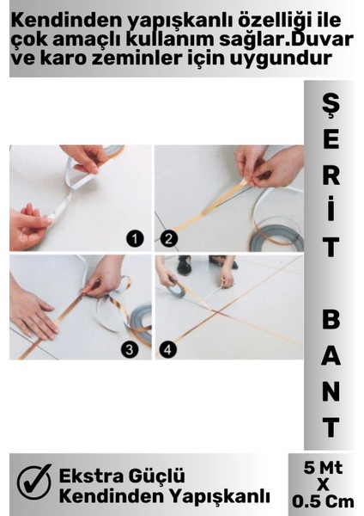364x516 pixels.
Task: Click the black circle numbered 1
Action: tap(135, 238)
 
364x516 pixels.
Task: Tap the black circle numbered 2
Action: tap(168, 238)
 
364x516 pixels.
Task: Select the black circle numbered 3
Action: tap(130, 349)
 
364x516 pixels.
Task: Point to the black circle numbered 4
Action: tap(168, 349)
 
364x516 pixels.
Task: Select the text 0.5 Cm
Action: tap(323, 501)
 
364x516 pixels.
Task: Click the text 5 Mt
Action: tap(323, 468)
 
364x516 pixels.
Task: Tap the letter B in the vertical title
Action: tap(331, 320)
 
